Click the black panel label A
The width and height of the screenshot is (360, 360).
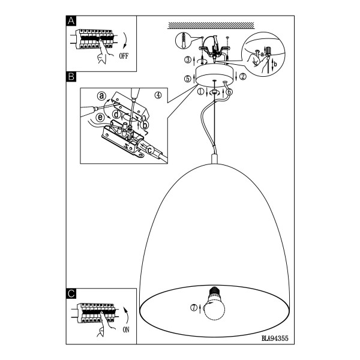[x=71, y=21]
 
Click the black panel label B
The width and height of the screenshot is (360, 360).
[x=71, y=76]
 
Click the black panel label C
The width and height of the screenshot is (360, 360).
[x=71, y=293]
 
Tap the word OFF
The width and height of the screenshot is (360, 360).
[x=124, y=56]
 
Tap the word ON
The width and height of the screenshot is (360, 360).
[x=126, y=330]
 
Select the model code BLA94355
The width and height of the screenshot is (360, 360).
[x=275, y=338]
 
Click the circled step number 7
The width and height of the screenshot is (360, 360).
[x=194, y=307]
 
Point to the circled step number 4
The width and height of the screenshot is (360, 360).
[x=158, y=95]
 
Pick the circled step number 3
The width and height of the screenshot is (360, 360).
[x=188, y=59]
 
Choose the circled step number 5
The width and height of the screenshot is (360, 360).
[x=188, y=79]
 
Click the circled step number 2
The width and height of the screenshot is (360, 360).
[x=243, y=76]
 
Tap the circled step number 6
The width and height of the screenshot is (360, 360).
[x=229, y=92]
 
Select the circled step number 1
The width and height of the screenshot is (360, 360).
[x=200, y=92]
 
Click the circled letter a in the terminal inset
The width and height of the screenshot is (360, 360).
[x=102, y=96]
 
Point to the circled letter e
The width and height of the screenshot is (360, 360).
[x=100, y=118]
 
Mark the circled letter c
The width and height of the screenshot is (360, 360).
[x=149, y=151]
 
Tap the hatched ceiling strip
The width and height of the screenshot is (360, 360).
[x=211, y=25]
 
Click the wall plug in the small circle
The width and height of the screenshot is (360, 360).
[x=184, y=40]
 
